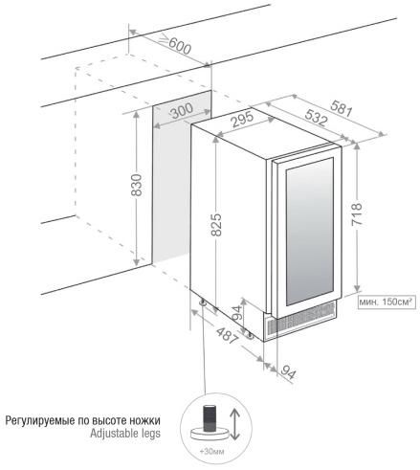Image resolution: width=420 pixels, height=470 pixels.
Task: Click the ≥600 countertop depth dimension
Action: [x=175, y=44]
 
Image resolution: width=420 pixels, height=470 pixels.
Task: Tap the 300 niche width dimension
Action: [x=182, y=111]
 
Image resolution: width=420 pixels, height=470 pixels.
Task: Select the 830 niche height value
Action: [x=137, y=185]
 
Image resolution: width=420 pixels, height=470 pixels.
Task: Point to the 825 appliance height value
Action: [x=216, y=225]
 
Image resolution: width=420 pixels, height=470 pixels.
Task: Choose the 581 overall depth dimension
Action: [x=342, y=108]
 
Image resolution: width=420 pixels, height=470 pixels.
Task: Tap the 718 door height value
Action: [x=357, y=214]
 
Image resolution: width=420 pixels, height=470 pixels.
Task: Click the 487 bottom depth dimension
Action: [x=227, y=335]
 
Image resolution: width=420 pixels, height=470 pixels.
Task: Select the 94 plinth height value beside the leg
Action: [x=236, y=313]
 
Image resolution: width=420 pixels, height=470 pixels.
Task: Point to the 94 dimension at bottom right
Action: [x=289, y=372]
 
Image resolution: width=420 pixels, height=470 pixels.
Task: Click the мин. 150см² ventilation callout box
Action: [x=387, y=302]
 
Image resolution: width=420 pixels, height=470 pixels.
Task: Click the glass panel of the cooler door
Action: [x=310, y=231]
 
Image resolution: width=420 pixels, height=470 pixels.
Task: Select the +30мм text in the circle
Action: [x=211, y=452]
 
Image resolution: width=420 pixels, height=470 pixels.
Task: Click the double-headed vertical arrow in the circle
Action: [x=234, y=424]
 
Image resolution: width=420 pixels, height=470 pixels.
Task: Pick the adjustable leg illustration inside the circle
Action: [x=210, y=422]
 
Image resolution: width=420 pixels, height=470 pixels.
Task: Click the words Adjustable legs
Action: [x=125, y=434]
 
